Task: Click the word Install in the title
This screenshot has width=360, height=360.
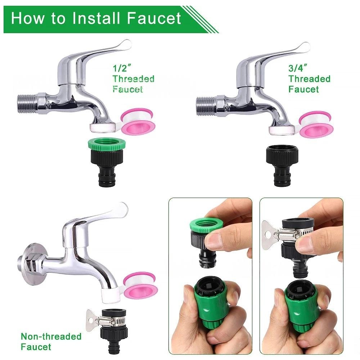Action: coord(96,18)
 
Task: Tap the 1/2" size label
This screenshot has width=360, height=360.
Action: coord(122,68)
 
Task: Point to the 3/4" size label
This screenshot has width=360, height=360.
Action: coord(298,68)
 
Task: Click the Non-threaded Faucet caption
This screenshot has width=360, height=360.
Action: coord(51,341)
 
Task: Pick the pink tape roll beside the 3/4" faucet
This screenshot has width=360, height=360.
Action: coord(316,123)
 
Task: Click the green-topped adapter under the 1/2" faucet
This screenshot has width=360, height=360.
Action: coord(107,162)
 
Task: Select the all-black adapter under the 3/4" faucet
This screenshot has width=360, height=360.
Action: coord(282,165)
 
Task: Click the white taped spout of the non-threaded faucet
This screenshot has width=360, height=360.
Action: coord(110,296)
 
